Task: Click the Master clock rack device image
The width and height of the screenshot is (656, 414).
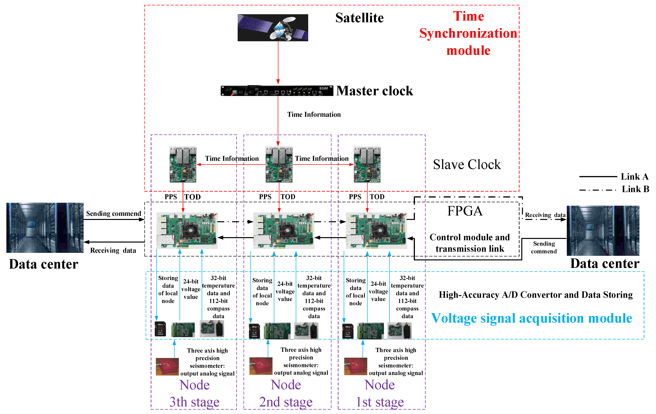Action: (x=276, y=91)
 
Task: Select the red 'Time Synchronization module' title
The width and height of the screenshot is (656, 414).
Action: (x=468, y=33)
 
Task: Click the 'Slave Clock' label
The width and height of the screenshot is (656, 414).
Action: (x=467, y=165)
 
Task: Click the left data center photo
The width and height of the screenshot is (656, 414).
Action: (x=45, y=228)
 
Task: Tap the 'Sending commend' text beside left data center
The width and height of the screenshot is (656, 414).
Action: (x=114, y=213)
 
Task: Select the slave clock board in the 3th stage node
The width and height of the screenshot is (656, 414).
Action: (x=183, y=165)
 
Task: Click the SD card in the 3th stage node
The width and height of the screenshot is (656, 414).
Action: (x=160, y=329)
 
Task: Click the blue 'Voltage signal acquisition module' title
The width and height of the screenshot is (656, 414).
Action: (x=531, y=318)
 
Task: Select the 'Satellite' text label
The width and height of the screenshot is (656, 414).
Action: (x=359, y=18)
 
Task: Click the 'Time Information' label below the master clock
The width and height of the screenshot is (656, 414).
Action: (x=314, y=114)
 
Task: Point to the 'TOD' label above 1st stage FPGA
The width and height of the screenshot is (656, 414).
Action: (x=377, y=197)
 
